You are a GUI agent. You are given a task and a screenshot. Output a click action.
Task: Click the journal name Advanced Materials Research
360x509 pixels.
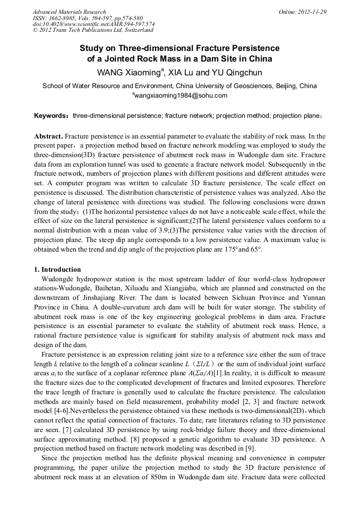[69, 12]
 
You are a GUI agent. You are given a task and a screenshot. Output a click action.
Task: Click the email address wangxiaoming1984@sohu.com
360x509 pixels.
[179, 96]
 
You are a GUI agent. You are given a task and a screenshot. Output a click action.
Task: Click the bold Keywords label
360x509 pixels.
[52, 115]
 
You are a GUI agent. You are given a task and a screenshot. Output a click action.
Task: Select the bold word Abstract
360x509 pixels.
[48, 136]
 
